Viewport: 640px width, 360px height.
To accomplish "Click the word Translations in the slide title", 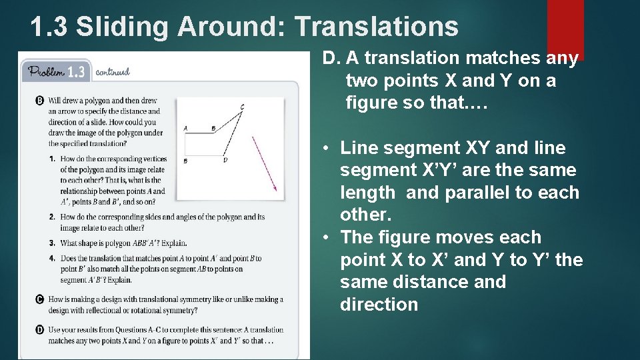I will [376, 27].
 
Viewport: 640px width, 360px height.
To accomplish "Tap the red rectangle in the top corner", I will [565, 27].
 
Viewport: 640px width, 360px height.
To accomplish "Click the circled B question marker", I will [39, 101].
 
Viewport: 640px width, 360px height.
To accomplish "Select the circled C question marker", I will [39, 299].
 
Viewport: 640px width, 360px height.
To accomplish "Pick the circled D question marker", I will [39, 329].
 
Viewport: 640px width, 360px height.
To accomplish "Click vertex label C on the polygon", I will [242, 107].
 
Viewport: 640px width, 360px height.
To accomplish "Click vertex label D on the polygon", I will [225, 160].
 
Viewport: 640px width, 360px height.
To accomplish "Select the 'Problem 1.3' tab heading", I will [56, 71].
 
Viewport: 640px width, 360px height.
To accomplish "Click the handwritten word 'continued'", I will [112, 72].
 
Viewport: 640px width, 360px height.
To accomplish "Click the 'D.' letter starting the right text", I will [331, 59].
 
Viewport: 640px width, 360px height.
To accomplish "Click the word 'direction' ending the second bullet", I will [379, 305].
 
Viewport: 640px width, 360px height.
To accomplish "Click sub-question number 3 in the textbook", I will [51, 243].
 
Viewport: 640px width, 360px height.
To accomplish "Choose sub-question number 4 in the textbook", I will [51, 258].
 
